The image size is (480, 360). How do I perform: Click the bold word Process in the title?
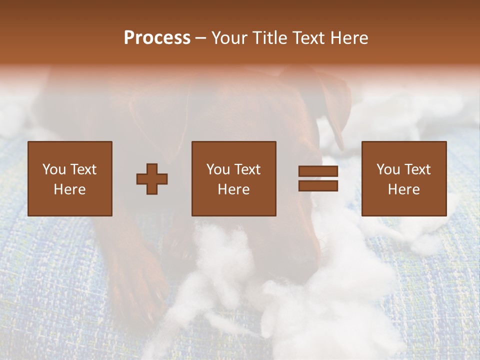pos(157,38)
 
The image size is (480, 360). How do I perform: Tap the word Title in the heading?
pos(270,38)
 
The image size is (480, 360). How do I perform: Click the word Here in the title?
pos(349,38)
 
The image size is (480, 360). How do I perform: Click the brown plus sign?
pos(152,179)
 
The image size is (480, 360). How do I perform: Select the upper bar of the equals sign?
pos(318,171)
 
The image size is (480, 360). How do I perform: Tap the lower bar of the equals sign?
pos(318,186)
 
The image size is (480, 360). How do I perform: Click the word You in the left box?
pos(53,169)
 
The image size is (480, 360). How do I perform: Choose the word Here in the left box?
pos(69,189)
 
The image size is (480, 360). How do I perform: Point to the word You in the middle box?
pos(217,169)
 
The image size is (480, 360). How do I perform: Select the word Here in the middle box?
pos(234,189)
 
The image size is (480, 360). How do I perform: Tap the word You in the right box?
pos(387,169)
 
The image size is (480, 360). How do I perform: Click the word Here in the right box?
pos(404,189)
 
